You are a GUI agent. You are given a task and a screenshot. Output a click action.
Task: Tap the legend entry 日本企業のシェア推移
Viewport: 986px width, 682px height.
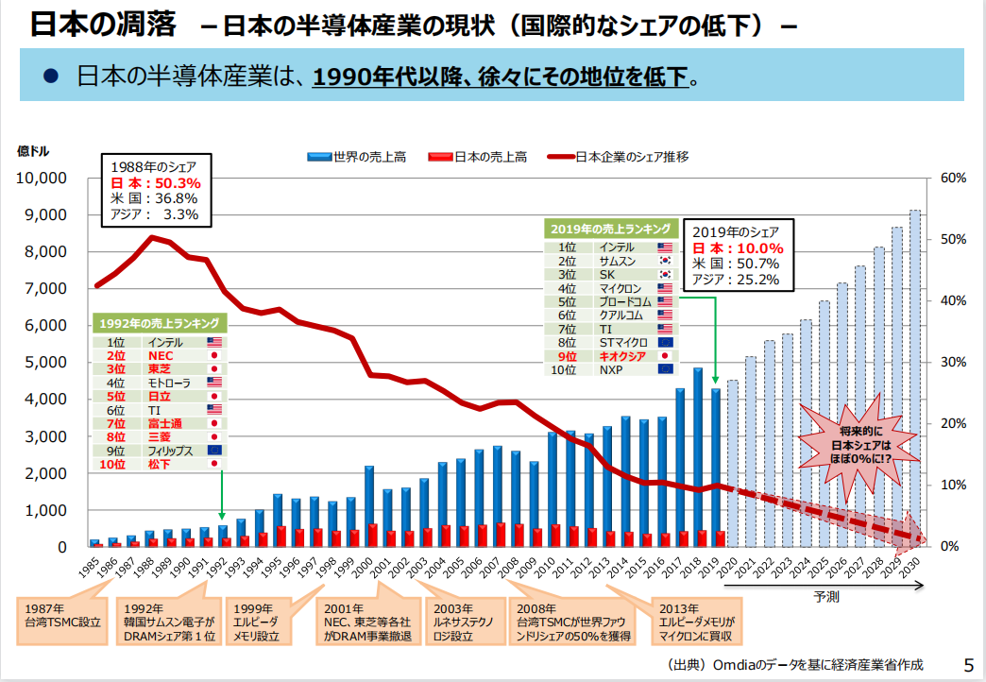(631, 157)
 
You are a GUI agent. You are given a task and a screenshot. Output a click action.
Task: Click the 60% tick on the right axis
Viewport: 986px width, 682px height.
(954, 179)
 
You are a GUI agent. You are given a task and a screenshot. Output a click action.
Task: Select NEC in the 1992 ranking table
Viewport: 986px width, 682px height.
(161, 355)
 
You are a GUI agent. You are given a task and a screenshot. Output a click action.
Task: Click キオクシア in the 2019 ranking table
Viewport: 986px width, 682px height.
(622, 356)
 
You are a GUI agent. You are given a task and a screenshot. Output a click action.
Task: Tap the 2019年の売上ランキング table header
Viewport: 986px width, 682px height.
(612, 229)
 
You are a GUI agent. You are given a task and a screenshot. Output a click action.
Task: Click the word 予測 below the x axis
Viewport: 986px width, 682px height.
(826, 597)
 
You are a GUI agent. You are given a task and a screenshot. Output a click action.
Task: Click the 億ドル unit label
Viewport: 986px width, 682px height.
(33, 151)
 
